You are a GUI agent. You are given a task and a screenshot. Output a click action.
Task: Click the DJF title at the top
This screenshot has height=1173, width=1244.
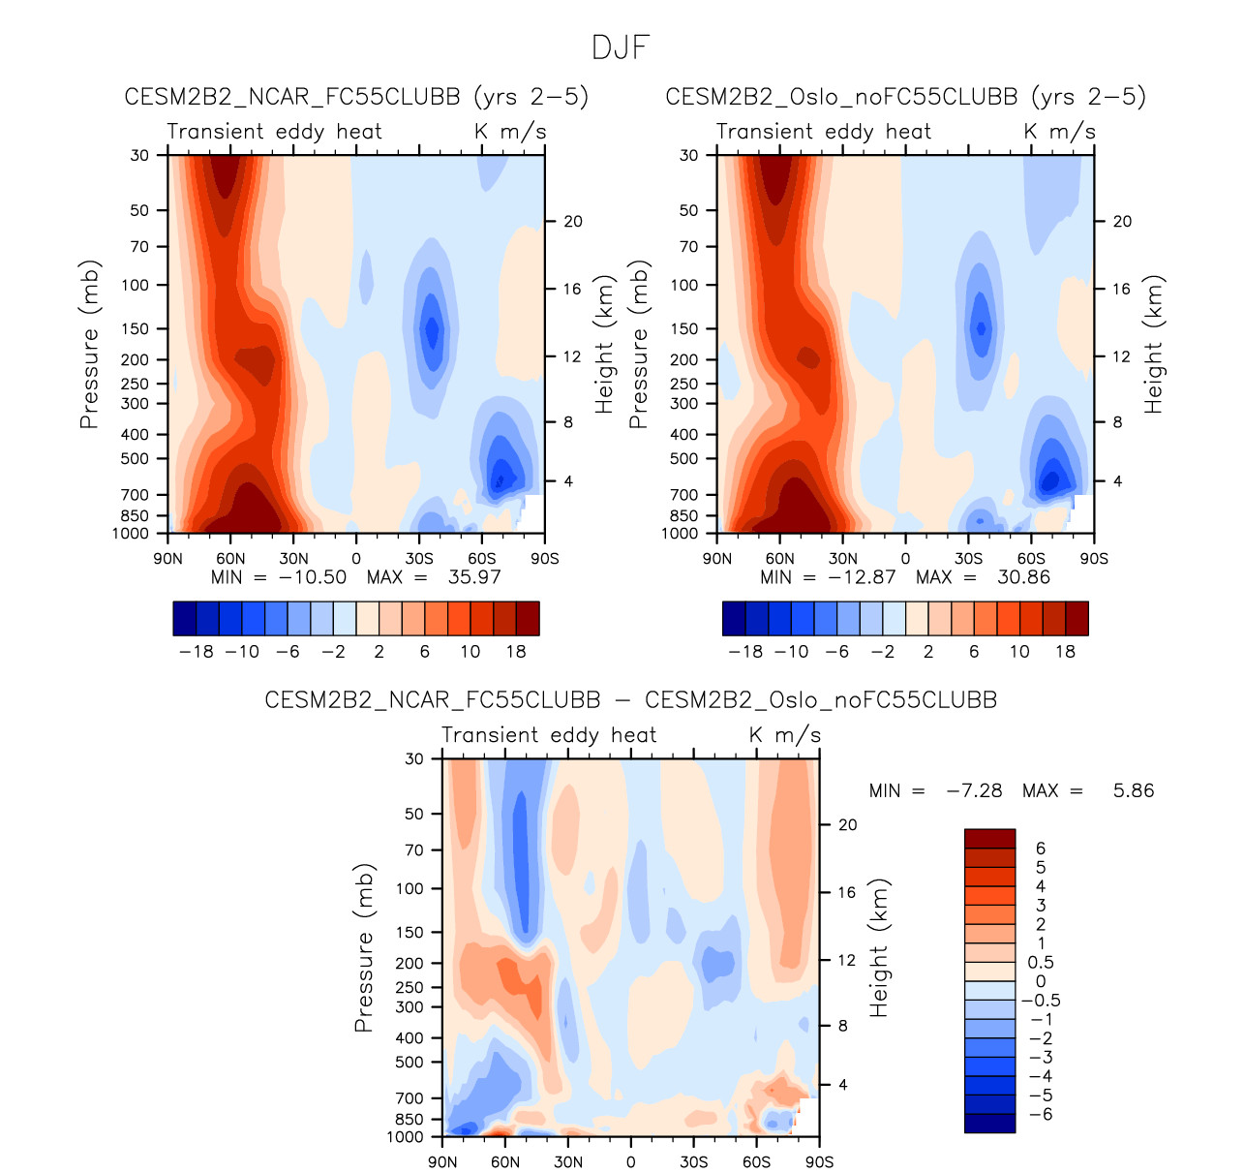tap(621, 47)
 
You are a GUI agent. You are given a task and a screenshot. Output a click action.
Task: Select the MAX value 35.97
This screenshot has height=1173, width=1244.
tap(474, 577)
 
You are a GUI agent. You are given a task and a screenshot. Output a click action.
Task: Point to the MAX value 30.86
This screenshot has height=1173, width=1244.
tap(1023, 577)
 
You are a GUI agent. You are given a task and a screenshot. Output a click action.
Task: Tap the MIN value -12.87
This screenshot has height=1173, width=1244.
tap(863, 577)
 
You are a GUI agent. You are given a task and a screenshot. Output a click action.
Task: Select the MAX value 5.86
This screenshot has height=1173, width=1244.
tap(1134, 790)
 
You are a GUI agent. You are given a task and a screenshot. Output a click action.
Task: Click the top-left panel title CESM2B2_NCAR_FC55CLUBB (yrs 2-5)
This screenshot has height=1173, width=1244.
tap(356, 97)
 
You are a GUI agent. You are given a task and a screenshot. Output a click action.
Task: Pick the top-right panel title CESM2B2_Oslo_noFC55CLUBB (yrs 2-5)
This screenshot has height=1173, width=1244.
tap(905, 97)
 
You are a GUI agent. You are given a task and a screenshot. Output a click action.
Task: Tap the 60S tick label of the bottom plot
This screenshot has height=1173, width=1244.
tap(756, 1161)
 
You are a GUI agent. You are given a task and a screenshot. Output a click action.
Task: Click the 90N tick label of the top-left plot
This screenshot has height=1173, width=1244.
tap(167, 559)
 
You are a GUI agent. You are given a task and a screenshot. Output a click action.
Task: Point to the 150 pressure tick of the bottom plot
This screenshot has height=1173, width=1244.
tap(411, 932)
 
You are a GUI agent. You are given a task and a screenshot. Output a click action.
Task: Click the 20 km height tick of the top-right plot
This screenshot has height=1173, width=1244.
tap(1122, 221)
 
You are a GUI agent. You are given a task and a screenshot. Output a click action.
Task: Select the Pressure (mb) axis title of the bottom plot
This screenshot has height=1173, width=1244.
tap(364, 948)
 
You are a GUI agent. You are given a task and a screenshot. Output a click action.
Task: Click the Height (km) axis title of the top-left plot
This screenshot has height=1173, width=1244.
tap(605, 345)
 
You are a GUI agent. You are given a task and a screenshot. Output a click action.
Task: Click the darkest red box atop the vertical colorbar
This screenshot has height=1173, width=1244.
tap(989, 839)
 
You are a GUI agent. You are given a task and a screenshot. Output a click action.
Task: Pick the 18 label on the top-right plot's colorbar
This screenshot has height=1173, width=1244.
tap(1065, 652)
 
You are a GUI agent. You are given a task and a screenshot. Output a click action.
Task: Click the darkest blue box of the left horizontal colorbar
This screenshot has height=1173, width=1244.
tap(185, 618)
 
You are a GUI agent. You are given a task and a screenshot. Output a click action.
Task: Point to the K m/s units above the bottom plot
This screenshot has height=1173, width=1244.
tap(785, 735)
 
